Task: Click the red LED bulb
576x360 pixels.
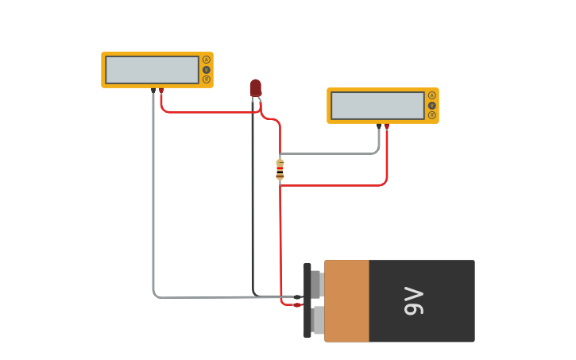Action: pos(255,87)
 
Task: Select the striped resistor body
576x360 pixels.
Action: pos(280,169)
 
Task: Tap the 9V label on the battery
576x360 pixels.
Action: pos(414,301)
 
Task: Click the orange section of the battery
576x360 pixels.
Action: pos(346,301)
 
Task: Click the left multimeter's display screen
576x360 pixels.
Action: pos(152,70)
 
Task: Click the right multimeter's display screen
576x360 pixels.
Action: pos(377,106)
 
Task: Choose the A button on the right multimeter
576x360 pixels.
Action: pos(432,95)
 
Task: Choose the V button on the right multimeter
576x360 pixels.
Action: pos(432,105)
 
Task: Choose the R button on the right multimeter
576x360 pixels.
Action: pos(432,114)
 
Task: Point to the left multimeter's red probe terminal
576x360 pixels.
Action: pos(161,91)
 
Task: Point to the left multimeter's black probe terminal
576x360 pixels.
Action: pos(153,91)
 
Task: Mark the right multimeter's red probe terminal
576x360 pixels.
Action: pos(387,126)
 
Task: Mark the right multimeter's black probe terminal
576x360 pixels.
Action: pos(379,126)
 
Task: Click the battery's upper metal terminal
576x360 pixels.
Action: pos(316,284)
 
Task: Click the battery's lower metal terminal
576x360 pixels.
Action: pos(317,320)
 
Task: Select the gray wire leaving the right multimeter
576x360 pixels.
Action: pos(334,153)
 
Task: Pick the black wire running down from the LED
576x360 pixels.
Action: pos(253,199)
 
